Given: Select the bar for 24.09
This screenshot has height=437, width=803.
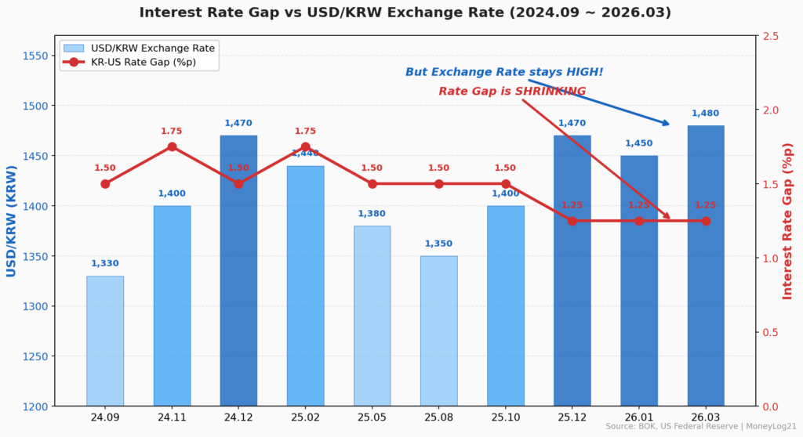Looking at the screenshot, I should coord(105,341).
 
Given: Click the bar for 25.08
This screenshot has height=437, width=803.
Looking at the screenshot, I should coord(438,330).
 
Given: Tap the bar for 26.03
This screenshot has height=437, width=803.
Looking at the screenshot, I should coord(706,265).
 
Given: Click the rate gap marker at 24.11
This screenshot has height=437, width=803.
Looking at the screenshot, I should coord(172,146).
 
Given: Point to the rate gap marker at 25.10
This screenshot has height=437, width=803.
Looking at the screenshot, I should coord(506,184).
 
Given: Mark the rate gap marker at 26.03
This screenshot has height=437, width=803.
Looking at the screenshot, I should coord(706,221).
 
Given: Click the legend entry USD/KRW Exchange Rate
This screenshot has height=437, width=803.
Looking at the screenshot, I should coord(153,48).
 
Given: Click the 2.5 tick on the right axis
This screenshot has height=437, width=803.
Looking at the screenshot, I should coord(771,36).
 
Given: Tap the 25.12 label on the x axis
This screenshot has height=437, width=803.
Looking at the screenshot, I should coord(572,417).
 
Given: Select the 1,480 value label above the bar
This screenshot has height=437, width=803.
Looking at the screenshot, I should coord(706,114).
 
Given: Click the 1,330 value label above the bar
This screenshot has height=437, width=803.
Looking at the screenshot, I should coord(105,264).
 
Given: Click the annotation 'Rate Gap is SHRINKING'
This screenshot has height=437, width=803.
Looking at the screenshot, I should coord(512,92).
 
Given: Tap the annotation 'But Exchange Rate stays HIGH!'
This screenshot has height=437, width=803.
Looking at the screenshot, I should coord(504,72).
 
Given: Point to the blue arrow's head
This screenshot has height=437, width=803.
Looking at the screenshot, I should coord(667,124).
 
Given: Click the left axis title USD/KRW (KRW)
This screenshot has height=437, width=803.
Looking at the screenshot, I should coord(12,221).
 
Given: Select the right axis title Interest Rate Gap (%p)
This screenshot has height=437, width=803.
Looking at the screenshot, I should coord(788,221).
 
